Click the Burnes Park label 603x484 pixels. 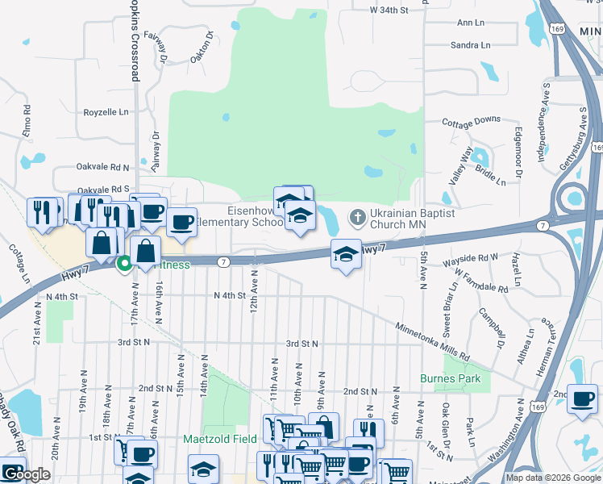coord(451,378)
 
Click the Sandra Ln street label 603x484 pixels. coord(471,45)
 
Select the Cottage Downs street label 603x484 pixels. coord(472,121)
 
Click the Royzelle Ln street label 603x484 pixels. coord(106,112)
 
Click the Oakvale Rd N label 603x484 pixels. coord(103,167)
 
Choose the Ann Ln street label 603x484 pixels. coord(471,23)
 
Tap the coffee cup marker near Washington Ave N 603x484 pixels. coord(582,398)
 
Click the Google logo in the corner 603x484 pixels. coord(26,474)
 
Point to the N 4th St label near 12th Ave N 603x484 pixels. coord(229,296)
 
